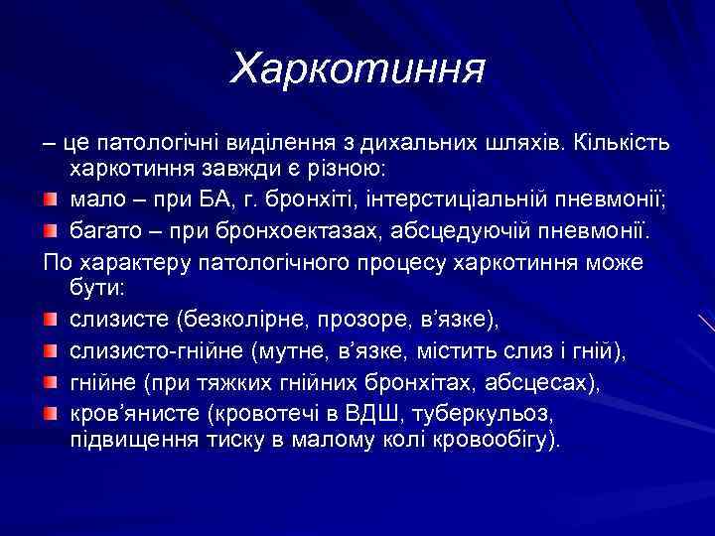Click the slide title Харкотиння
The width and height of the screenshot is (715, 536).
pos(357,68)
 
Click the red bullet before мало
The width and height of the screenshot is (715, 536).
pos(53,203)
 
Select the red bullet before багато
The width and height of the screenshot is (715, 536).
pos(53,234)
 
